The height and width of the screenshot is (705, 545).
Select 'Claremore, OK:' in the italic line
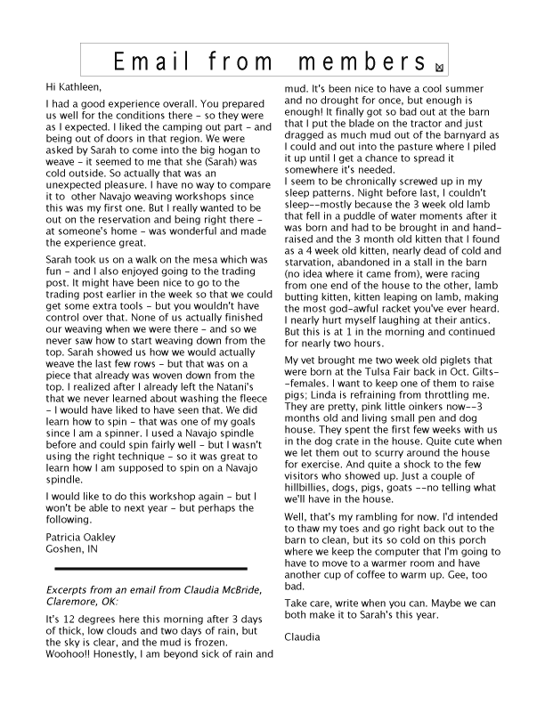point(82,601)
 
